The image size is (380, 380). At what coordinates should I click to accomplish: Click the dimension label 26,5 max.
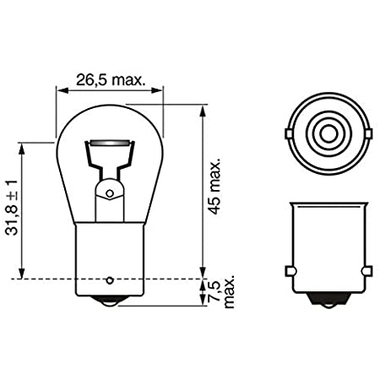(x=111, y=80)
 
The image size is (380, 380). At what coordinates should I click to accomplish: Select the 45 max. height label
(x=215, y=188)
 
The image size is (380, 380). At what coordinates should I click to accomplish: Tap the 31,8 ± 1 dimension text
(x=12, y=208)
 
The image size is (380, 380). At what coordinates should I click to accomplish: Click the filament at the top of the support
(x=110, y=143)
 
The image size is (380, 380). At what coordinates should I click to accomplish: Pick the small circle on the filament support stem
(x=110, y=193)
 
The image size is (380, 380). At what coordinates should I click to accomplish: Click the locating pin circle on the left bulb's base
(x=110, y=280)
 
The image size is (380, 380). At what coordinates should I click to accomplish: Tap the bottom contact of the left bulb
(x=110, y=301)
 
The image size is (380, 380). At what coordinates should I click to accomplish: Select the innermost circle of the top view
(x=328, y=133)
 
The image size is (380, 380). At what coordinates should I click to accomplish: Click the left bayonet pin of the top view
(x=288, y=133)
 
